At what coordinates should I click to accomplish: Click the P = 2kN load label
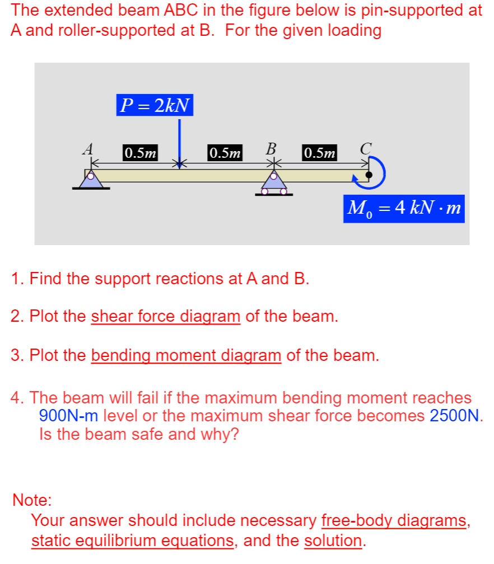(155, 105)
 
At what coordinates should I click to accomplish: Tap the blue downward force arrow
(179, 142)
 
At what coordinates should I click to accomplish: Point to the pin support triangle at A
(91, 179)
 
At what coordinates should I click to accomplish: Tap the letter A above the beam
(87, 149)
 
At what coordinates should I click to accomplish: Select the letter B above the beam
(271, 149)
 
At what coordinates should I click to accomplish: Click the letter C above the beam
(366, 149)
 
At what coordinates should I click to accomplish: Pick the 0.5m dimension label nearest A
(141, 152)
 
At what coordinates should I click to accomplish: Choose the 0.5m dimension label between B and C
(320, 152)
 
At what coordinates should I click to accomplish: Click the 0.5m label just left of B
(225, 152)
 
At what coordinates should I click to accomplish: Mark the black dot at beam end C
(368, 175)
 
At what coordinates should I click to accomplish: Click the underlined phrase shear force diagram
(166, 317)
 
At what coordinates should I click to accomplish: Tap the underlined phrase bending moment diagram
(186, 355)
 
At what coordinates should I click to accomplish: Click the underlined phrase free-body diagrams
(394, 521)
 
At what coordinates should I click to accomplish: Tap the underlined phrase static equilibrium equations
(132, 540)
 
